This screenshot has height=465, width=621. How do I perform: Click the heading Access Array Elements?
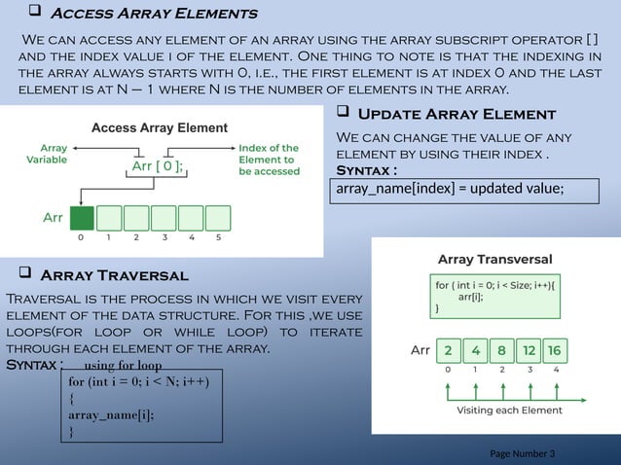pos(153,14)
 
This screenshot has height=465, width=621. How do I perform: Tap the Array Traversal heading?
pos(114,276)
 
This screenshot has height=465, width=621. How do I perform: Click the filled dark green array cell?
pos(82,217)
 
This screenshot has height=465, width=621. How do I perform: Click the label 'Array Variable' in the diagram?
pos(47,153)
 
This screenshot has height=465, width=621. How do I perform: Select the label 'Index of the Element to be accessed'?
pos(269,159)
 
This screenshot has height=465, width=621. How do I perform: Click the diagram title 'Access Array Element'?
pos(160,127)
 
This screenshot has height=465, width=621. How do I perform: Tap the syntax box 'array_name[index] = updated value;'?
pos(465,189)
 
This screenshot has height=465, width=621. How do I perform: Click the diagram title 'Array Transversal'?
pos(495,260)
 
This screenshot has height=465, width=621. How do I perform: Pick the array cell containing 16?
pos(555,349)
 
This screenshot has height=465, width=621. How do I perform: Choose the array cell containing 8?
pos(501,349)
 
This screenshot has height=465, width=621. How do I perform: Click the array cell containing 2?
pos(448,349)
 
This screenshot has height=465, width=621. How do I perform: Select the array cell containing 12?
pos(529,349)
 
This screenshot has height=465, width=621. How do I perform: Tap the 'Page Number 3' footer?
pos(522,454)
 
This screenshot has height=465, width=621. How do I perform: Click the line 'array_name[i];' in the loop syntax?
pos(111,413)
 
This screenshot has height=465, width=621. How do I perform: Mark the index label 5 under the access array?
pos(219,236)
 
